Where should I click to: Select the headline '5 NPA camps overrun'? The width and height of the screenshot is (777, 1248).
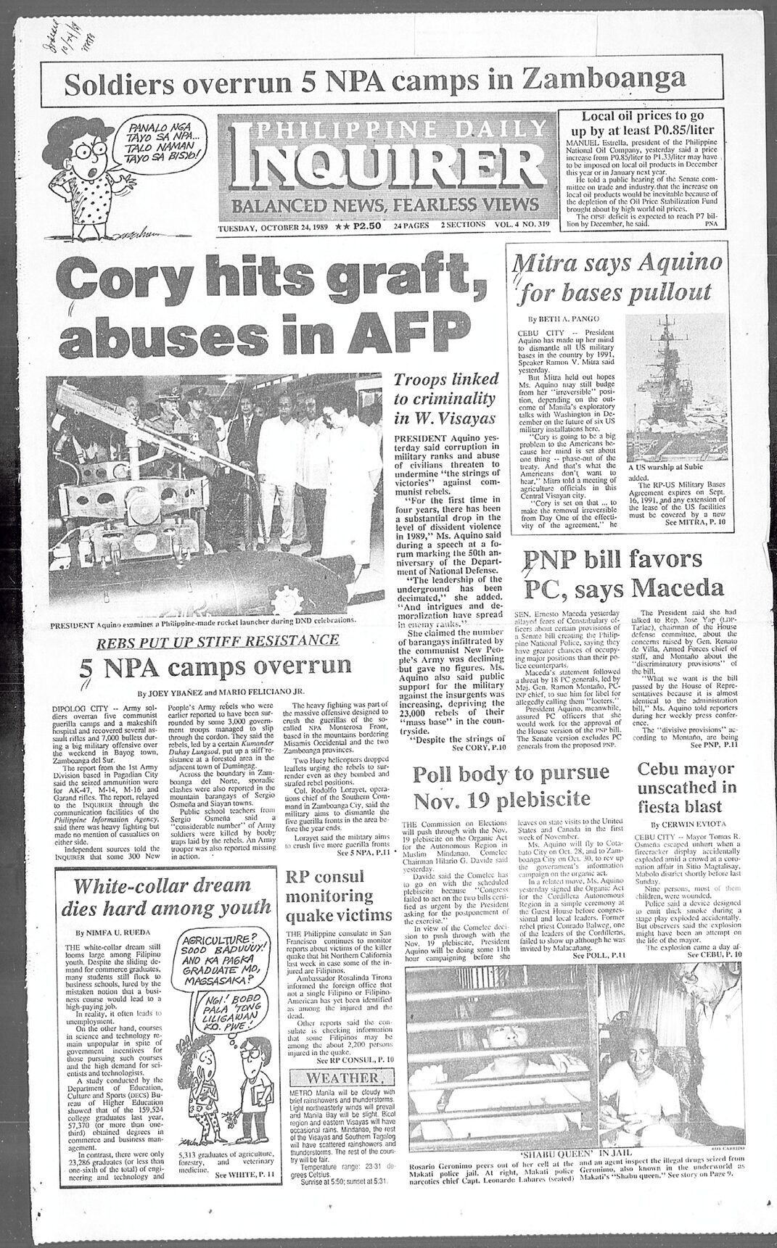[x=210, y=671]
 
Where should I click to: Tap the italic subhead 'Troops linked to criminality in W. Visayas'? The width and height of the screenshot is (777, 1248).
[x=445, y=399]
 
